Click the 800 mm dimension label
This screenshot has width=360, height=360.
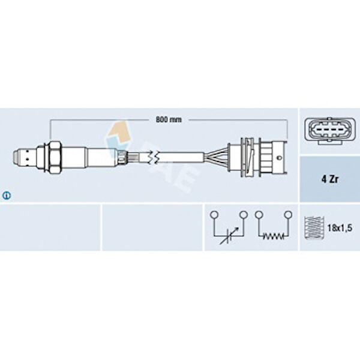click(169, 119)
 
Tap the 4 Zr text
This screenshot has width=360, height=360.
click(329, 179)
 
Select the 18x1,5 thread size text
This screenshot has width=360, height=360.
click(340, 228)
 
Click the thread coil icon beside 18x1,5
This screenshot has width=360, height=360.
click(314, 228)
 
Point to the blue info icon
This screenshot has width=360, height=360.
click(7, 196)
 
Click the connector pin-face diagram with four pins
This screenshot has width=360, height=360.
click(329, 131)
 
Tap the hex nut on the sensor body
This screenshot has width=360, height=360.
click(55, 157)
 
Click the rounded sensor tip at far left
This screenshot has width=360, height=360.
click(16, 157)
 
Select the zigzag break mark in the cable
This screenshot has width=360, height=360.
click(153, 157)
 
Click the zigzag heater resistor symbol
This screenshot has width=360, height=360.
click(273, 236)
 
